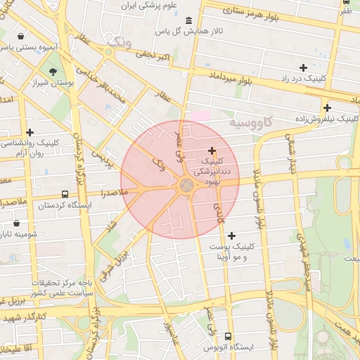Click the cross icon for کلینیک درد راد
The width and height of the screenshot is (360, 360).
[303, 67]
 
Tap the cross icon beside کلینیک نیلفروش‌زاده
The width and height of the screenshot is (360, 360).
[327, 108]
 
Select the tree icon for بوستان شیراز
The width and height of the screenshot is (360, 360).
[53, 71]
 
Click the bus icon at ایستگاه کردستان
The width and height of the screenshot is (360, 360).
[65, 194]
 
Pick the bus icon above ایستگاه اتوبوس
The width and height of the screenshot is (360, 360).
[227, 337]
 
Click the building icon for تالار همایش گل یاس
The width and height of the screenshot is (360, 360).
[188, 20]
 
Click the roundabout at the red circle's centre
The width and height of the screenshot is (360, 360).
[186, 186]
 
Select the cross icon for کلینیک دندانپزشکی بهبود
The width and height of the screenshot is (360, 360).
[212, 151]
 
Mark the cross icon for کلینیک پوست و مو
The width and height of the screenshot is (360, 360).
[231, 236]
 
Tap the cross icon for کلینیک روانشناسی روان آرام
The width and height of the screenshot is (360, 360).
[30, 131]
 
